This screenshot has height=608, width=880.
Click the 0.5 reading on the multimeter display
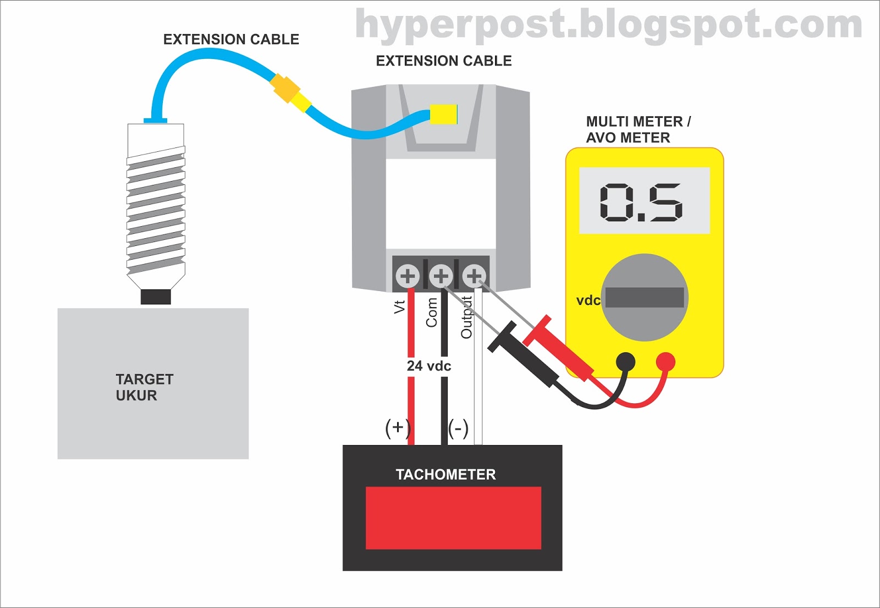pos(641,202)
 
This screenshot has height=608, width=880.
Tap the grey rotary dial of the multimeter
pos(645,297)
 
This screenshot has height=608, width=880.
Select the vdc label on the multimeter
pos(588,300)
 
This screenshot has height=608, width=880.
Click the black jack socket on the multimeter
pos(625,362)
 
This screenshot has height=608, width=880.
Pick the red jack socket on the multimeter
pos(665,361)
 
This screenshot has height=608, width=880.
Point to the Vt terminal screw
pos(408,275)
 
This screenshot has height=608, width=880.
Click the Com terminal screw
pos(441,275)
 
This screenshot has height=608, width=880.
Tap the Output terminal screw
pos(474,275)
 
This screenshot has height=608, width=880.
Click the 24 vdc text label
pos(429,366)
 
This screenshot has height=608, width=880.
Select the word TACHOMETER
pos(446,474)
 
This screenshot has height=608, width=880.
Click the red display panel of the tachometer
pos(453,518)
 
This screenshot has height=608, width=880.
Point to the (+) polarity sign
pos(398,428)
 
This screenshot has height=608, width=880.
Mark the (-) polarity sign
pos(458,428)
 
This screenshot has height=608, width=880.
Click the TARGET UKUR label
pos(144,387)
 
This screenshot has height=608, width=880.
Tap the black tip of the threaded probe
pos(156,297)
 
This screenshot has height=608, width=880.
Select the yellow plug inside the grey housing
pos(443,114)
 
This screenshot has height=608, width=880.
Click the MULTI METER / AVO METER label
pos(638,129)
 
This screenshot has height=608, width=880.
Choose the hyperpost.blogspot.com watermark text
pos(608,25)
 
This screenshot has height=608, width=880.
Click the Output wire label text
pos(466,317)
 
